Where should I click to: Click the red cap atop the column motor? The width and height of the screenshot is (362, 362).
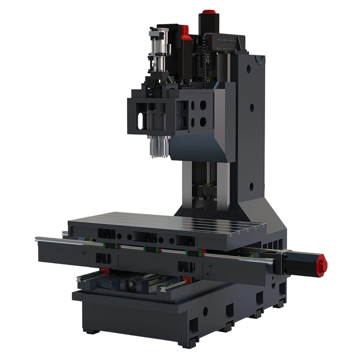(209, 13)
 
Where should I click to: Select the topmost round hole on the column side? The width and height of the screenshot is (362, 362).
(248, 69)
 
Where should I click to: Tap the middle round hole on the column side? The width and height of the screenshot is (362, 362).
(252, 108)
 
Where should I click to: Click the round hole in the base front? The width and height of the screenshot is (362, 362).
(205, 310)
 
